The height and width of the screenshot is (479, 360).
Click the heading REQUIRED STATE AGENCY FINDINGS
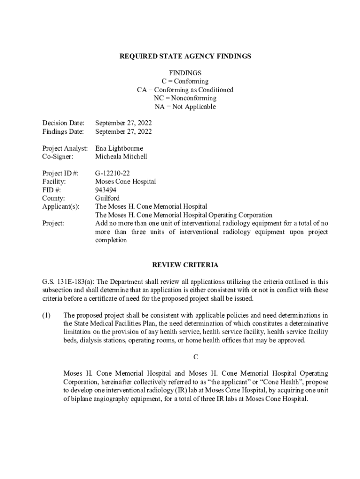coord(185,56)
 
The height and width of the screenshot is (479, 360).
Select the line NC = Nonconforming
coord(185,98)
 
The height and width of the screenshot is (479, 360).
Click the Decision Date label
coord(63,123)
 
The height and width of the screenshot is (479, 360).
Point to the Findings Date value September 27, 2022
coord(123,131)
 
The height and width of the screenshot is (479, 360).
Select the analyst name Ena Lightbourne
coord(119,148)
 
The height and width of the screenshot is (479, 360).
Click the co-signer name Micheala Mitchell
coord(121,157)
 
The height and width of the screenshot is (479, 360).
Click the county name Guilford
coord(107,198)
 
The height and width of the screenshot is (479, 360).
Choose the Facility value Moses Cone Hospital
coord(125,181)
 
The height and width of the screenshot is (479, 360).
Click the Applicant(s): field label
coord(61,206)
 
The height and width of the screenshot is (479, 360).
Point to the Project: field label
coord(53,223)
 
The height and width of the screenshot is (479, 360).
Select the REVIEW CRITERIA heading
coord(185,265)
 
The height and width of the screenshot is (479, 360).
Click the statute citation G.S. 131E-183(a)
coord(68,282)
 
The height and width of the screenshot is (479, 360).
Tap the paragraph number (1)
coord(46,315)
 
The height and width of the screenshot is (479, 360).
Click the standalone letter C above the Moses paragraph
coord(196,357)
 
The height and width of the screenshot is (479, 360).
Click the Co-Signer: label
coord(58,157)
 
